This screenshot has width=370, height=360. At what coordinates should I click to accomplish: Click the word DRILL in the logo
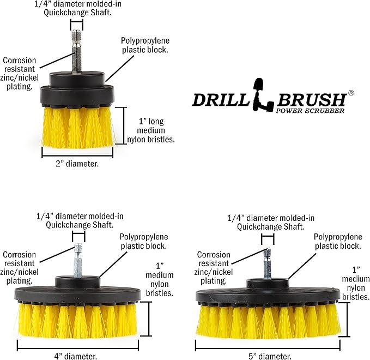(x=219, y=100)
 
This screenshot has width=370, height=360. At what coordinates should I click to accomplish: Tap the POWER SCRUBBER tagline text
(x=309, y=111)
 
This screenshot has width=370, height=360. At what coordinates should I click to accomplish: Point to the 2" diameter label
(x=77, y=164)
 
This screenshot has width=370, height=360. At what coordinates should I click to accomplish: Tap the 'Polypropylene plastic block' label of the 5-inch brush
(x=338, y=241)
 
